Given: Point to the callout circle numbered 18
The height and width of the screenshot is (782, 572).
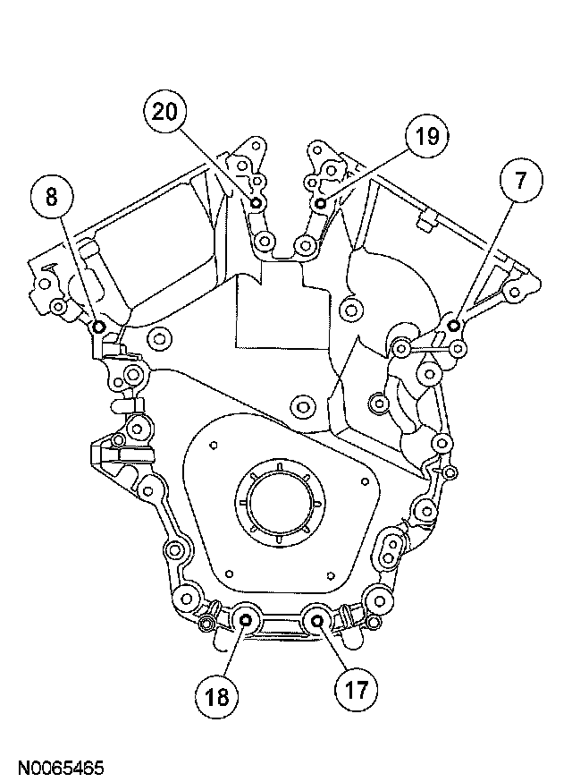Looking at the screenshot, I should pyautogui.click(x=219, y=694).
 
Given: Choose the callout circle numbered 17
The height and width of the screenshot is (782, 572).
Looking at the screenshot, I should pyautogui.click(x=356, y=689).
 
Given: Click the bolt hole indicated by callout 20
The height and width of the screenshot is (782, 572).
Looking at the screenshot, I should pyautogui.click(x=257, y=205).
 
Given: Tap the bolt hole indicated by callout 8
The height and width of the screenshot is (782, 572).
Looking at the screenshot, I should pyautogui.click(x=98, y=326).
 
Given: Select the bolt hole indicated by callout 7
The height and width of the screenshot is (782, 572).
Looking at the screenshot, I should pyautogui.click(x=454, y=324).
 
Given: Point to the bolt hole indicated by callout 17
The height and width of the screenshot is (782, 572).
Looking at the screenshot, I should pyautogui.click(x=316, y=619).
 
